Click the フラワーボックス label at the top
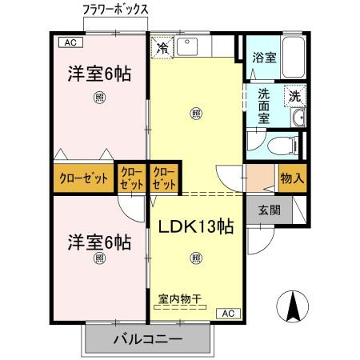tap(116, 10)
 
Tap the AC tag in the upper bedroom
tap(70, 42)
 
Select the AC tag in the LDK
tap(227, 313)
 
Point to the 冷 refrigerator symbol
tap(163, 47)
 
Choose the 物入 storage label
tap(291, 178)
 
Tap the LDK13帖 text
tap(194, 226)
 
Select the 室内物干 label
tap(178, 299)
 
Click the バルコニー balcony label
tap(147, 339)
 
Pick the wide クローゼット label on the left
tap(83, 178)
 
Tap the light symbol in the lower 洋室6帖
tap(99, 258)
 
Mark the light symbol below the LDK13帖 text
tap(196, 258)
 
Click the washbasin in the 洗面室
tap(298, 119)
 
